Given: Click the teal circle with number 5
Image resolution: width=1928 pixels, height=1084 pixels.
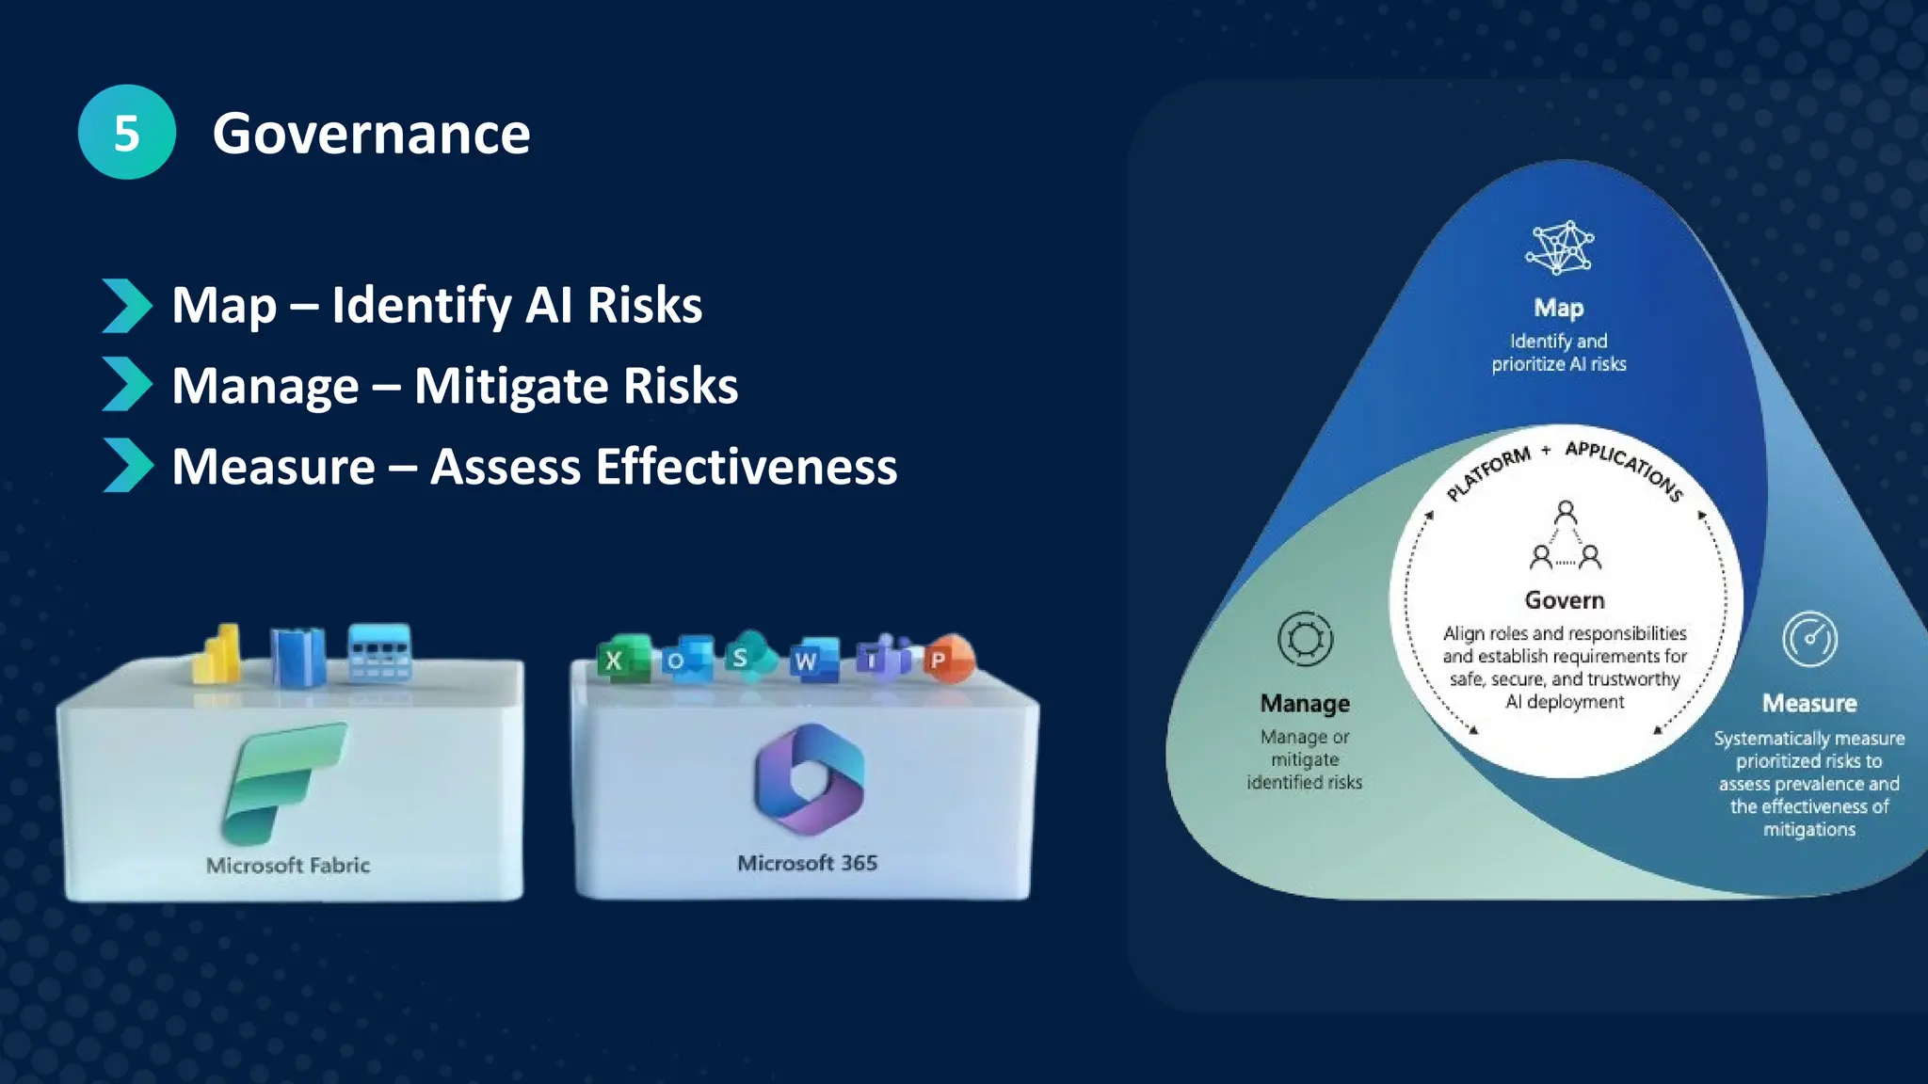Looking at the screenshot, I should [126, 133].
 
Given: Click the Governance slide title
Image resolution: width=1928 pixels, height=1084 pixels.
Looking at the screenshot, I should [371, 134].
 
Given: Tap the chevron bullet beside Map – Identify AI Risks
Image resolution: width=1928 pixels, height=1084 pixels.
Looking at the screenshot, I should [126, 306].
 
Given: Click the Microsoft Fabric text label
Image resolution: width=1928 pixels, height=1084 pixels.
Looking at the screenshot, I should [288, 866].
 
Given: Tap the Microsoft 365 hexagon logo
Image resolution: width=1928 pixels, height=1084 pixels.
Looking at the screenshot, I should [809, 779].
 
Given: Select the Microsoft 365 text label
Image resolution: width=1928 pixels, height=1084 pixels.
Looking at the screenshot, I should [807, 864].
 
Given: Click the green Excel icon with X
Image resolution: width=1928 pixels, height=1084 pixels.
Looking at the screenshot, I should [621, 659].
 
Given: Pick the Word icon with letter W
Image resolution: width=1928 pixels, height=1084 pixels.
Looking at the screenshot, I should [811, 660].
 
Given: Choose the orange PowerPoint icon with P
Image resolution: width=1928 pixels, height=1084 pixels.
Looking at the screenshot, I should [947, 659].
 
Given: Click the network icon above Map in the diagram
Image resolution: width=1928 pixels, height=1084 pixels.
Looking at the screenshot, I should [1559, 248].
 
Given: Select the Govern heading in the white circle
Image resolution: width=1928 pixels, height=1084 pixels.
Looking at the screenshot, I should [1565, 600].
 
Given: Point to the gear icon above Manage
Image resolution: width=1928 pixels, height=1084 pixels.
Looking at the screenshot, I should [1305, 640].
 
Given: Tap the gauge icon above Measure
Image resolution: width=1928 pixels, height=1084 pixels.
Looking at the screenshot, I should [1809, 640].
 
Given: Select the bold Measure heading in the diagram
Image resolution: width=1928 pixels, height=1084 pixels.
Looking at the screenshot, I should [1809, 704].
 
